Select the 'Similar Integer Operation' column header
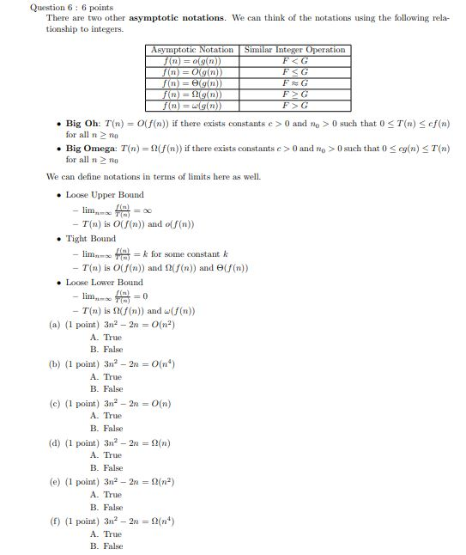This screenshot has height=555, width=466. click(295, 50)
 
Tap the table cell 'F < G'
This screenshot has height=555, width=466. click(295, 61)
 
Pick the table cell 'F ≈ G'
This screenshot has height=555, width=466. click(295, 83)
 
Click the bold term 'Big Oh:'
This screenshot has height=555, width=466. click(86, 124)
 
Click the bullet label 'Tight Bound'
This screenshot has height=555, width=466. click(91, 238)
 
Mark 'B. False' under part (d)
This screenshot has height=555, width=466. click(106, 467)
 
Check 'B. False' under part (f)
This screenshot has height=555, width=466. click(106, 546)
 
